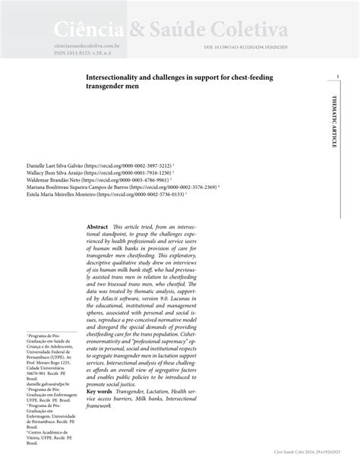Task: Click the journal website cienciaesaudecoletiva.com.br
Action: (88, 46)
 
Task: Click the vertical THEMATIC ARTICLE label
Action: (335, 121)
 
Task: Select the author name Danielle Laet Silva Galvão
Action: (57, 164)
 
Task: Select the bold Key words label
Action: (103, 391)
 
